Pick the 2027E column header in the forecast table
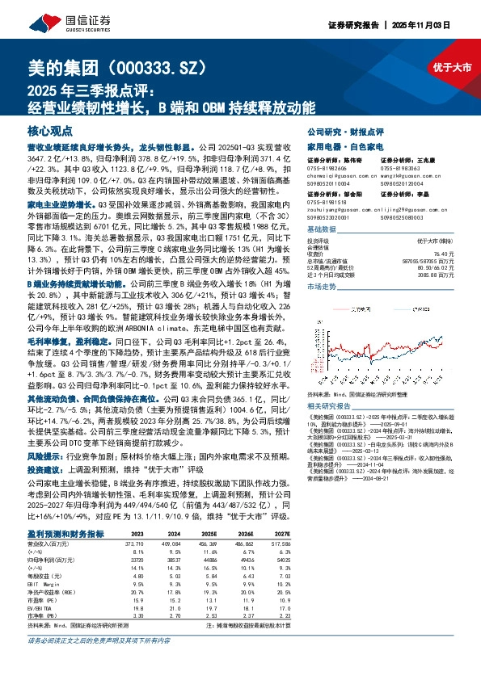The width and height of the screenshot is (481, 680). (x=281, y=535)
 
